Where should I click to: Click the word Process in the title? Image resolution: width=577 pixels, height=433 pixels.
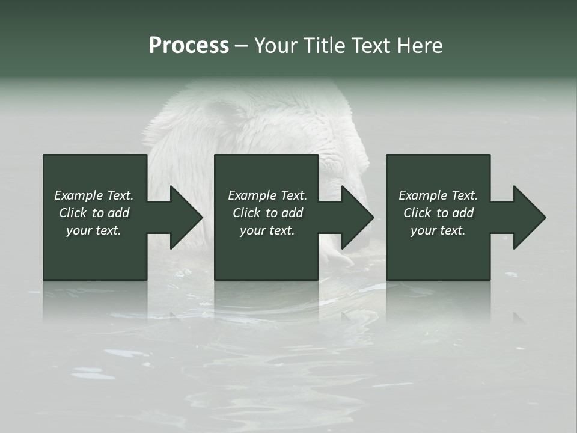click(x=189, y=46)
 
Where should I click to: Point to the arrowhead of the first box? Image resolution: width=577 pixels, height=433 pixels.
click(x=180, y=217)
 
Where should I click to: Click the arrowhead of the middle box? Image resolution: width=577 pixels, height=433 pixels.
click(x=352, y=217)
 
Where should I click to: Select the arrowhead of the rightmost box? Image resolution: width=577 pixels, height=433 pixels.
click(x=524, y=217)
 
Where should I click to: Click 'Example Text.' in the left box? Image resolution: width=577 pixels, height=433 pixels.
click(x=94, y=195)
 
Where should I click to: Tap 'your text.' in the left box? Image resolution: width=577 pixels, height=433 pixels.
click(x=94, y=230)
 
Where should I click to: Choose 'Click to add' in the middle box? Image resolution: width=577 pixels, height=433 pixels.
click(x=267, y=213)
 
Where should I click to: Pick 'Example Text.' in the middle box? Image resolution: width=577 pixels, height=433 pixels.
click(x=267, y=195)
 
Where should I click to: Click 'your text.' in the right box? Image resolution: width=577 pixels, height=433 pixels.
click(x=438, y=230)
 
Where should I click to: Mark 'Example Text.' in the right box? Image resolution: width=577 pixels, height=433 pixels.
click(x=438, y=195)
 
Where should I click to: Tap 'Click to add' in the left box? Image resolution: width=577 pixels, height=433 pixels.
click(x=94, y=213)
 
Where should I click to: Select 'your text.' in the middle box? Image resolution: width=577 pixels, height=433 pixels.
click(x=267, y=230)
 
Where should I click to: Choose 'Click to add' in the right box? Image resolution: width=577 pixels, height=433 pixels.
click(x=438, y=213)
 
